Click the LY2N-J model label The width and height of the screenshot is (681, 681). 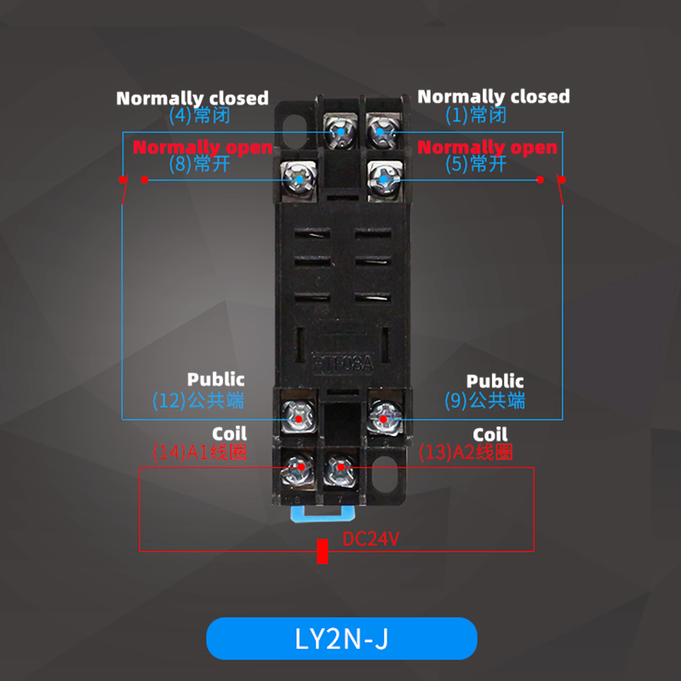point(341,638)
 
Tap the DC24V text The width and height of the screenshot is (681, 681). point(371,539)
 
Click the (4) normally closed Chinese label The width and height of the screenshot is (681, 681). point(199,116)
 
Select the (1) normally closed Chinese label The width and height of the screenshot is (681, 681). point(476,116)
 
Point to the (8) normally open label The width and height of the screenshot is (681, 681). point(199,163)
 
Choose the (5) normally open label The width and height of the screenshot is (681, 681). point(476,163)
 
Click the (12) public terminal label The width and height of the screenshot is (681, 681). point(198,400)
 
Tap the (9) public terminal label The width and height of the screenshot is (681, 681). point(484,400)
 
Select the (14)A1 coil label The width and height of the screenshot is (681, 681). point(199,452)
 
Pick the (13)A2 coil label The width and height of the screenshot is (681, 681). point(466,452)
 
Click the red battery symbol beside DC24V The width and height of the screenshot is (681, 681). point(322,551)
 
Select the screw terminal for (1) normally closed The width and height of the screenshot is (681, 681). point(380,132)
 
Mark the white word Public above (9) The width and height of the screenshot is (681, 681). point(495,381)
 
